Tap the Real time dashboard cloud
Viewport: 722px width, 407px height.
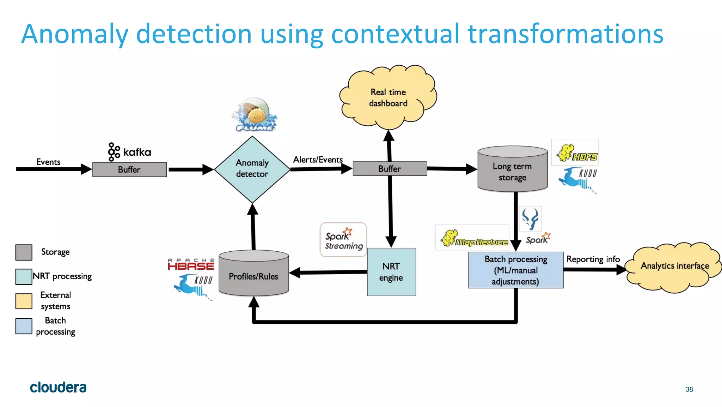coord(388,97)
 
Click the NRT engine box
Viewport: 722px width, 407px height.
coord(391,272)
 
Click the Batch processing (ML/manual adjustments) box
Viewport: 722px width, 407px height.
coord(515,270)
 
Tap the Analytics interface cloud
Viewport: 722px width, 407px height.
coord(674,267)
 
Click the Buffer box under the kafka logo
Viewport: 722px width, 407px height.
coord(129,169)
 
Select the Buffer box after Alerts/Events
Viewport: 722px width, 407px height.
coord(390,169)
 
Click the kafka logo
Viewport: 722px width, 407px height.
coord(129,152)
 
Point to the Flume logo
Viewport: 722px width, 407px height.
coord(255,115)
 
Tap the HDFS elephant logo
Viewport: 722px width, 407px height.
coord(575,152)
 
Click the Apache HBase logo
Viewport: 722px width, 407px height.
coord(191,264)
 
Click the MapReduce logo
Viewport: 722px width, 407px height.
coord(472,238)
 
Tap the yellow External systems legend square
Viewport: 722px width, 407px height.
coord(24,301)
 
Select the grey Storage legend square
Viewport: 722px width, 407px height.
coord(24,252)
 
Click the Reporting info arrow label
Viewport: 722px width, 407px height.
coord(593,259)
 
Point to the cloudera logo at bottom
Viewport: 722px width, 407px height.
coord(58,388)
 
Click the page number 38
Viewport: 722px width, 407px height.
coord(689,389)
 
